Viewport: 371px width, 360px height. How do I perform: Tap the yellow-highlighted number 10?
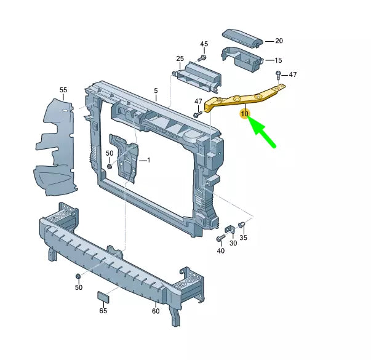point(244,114)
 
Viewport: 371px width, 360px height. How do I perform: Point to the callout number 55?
point(63,90)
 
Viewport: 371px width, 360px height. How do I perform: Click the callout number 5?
point(156,90)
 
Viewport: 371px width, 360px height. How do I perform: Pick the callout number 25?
point(180,59)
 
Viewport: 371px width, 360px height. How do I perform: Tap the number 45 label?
point(204,44)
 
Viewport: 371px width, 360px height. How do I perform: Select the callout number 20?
point(279,41)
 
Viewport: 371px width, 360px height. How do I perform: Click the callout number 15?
point(278,60)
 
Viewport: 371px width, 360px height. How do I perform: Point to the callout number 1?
point(148,160)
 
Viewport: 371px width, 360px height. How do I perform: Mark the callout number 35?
point(243,238)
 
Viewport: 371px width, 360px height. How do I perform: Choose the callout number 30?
point(233,243)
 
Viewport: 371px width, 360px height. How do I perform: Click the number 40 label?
point(220,250)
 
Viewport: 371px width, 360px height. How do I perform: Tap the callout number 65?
point(103,311)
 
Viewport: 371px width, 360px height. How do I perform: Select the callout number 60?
point(156,311)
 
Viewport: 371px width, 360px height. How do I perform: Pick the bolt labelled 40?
point(220,238)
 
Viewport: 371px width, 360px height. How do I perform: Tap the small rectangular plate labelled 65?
point(103,298)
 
